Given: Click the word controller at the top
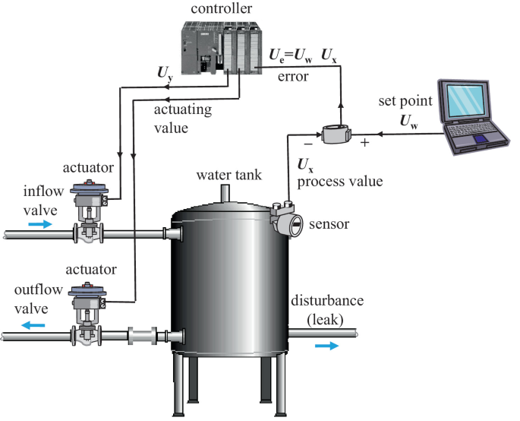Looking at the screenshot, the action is (221, 8).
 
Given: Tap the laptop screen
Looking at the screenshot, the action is (465, 100).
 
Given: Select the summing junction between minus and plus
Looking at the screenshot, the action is (336, 134).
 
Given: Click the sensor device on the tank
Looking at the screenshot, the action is (286, 220).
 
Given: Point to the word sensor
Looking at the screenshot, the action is (329, 224).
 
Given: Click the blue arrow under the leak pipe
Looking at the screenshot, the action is (326, 346).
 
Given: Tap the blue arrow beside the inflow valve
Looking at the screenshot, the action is (40, 224).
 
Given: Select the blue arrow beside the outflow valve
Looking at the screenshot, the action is (33, 325).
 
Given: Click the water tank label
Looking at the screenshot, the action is (228, 175).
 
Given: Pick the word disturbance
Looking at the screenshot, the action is (327, 300).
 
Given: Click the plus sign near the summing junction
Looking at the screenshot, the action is (365, 143).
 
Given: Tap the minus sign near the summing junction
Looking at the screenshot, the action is (308, 144).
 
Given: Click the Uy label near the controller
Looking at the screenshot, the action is (165, 74).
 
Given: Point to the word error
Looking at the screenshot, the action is (293, 77).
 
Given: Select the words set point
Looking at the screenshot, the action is (405, 101).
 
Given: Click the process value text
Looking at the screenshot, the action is (340, 182).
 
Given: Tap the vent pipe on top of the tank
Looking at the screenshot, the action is (225, 194).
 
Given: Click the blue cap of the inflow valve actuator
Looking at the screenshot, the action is (89, 189).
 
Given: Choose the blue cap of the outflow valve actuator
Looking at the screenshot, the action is (87, 290).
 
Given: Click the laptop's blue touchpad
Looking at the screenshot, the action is (482, 139).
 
